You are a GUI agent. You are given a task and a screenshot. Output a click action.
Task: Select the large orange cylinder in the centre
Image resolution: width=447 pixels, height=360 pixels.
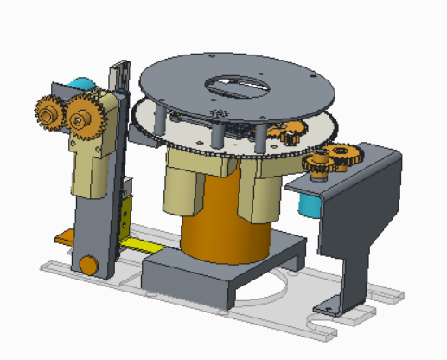coord(223,234)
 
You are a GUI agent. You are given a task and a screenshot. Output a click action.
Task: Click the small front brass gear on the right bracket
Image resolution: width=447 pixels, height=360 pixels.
coord(319,164)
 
